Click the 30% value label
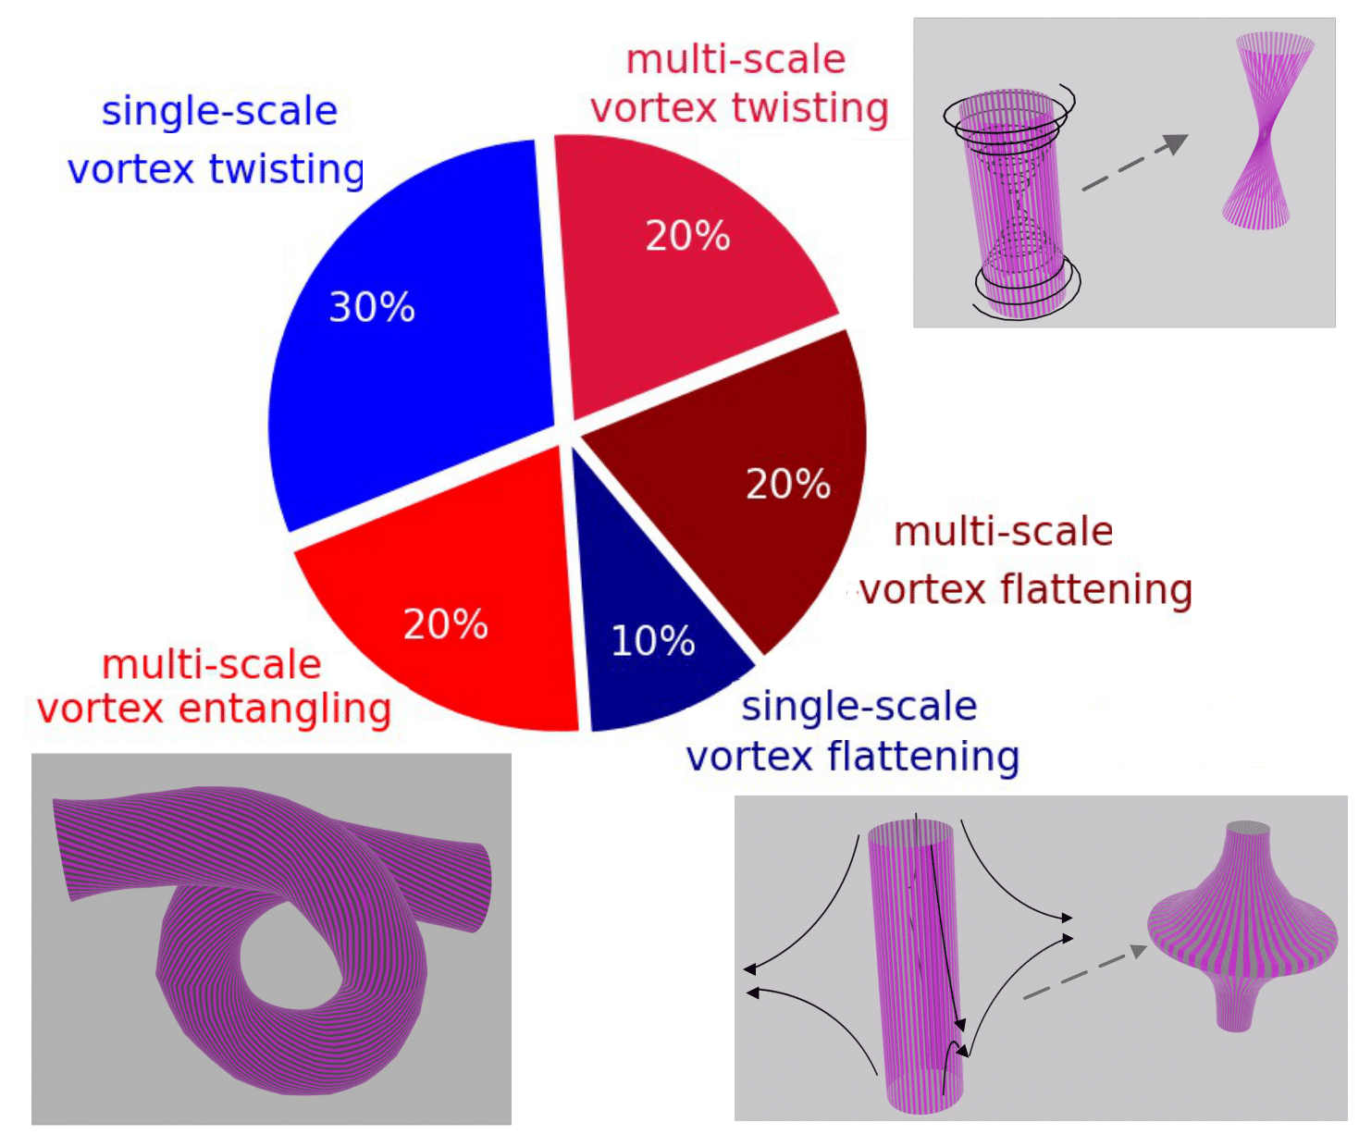coord(372,307)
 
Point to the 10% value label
coord(653,640)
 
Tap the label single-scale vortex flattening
coord(853,732)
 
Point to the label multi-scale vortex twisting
coord(738,83)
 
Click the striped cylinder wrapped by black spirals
coord(1010,203)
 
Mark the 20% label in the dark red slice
coord(788,484)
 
